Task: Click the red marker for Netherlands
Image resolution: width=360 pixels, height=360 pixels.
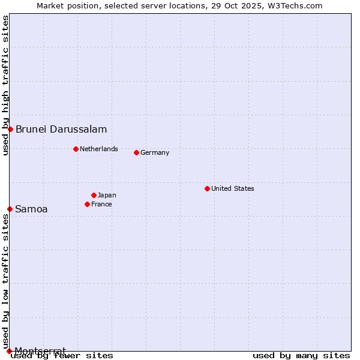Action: pos(76,149)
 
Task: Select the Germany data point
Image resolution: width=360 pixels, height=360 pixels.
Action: pos(136,152)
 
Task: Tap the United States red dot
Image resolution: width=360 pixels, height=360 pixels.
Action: pos(207,188)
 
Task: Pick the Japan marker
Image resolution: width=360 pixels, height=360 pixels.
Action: pos(94,195)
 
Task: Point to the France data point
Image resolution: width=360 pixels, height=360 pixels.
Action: pos(87,204)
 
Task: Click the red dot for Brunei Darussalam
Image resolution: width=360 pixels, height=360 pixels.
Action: pos(10,129)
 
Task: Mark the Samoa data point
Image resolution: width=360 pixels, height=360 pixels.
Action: pos(10,209)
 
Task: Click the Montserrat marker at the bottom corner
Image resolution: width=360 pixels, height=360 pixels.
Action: pos(9,351)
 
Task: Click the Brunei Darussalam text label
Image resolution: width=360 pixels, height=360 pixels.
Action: pos(61,129)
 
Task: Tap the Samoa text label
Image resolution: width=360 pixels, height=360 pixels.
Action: pos(31,209)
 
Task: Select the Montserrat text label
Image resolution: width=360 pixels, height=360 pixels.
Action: pos(40,350)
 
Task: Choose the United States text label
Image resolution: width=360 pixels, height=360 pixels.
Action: pos(233,188)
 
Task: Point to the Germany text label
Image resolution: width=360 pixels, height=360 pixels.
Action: pos(155,152)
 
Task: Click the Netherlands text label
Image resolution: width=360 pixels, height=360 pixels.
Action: pos(99,149)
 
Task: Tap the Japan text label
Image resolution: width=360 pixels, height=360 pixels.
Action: pos(107,195)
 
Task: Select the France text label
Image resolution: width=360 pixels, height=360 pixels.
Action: pos(101,204)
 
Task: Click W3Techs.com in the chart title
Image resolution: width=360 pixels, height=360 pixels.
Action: pos(295,5)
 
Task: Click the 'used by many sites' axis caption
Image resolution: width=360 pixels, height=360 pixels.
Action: pos(301,355)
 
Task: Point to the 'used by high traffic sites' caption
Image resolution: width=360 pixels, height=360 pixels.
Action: pos(5,86)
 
